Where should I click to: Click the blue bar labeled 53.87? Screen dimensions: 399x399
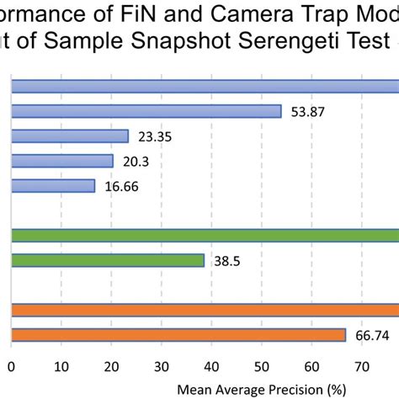(x=146, y=111)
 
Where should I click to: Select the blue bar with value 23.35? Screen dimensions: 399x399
(x=70, y=136)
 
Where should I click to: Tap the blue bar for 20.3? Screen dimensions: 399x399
(x=62, y=161)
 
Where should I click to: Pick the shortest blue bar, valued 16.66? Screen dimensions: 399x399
(x=53, y=186)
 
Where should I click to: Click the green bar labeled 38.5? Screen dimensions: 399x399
(x=108, y=261)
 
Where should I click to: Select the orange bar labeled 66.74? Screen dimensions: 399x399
(x=178, y=336)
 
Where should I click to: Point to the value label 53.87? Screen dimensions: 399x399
(x=308, y=112)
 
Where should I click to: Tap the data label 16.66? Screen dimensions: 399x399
(x=122, y=187)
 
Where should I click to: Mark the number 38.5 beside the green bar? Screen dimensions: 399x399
(x=227, y=262)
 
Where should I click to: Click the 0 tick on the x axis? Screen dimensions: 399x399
(x=11, y=366)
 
